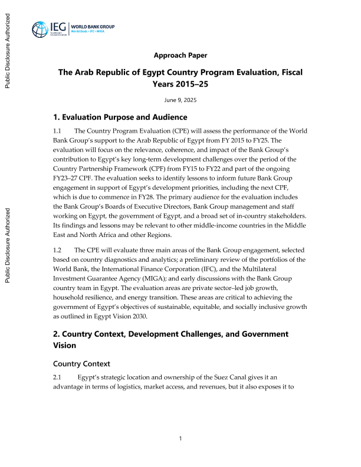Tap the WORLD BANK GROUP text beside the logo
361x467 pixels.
[x=93, y=27]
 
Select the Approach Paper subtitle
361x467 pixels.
[x=180, y=55]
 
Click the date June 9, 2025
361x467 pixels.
[x=180, y=100]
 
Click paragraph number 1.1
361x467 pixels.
[x=58, y=130]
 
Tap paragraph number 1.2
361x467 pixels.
[x=58, y=250]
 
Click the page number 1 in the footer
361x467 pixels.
[x=180, y=438]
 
